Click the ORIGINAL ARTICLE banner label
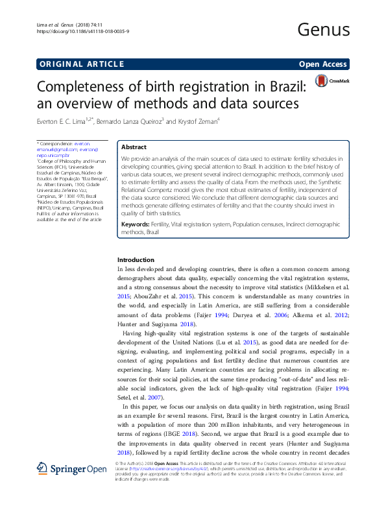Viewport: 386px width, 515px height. [82, 64]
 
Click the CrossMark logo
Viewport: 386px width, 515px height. [332, 81]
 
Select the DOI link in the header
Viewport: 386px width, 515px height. [81, 30]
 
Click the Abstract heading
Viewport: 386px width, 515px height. [134, 147]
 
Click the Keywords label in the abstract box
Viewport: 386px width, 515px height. [138, 224]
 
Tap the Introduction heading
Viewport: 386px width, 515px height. [136, 259]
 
